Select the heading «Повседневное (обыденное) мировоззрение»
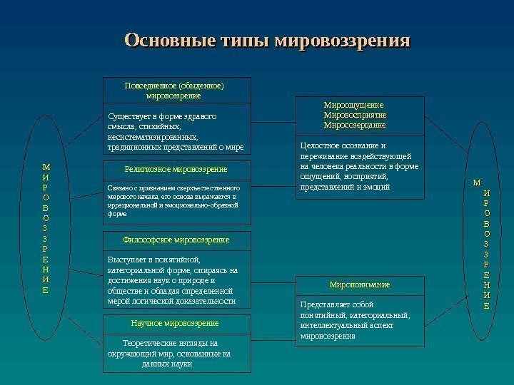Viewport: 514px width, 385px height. pos(174,90)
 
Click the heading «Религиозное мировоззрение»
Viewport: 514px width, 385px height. pos(176,169)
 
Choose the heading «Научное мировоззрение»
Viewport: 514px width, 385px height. pos(175,323)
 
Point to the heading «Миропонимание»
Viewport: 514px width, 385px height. pos(360,284)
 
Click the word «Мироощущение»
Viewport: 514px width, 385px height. pos(354,105)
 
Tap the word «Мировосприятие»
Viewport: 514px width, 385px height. pos(355,115)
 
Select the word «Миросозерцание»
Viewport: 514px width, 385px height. pos(355,125)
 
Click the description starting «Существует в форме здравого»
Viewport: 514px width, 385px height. pos(176,132)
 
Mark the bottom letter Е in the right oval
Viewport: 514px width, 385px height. pos(486,306)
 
